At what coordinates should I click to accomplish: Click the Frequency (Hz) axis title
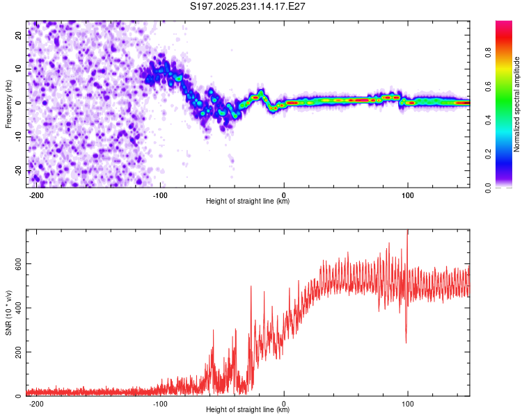[x=8, y=104]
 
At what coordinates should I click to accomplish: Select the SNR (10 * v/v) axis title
[x=8, y=312]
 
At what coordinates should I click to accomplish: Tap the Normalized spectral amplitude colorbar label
[x=517, y=104]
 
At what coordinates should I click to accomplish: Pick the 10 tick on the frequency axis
[x=18, y=69]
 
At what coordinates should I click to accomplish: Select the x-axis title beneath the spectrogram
[x=248, y=202]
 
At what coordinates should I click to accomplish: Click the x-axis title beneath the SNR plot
[x=248, y=410]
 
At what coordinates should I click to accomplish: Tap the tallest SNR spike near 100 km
[x=407, y=234]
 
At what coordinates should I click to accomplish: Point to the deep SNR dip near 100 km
[x=406, y=341]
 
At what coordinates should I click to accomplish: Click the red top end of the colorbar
[x=504, y=24]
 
